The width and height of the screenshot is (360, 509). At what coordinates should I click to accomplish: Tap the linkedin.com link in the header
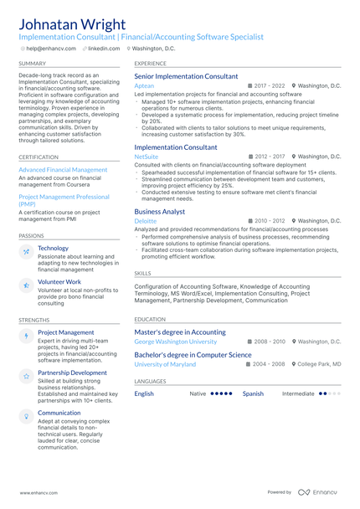pos(104,49)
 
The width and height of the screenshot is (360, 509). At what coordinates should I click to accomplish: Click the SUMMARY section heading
pos(33,63)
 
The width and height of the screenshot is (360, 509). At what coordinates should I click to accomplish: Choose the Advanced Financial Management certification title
pos(63,170)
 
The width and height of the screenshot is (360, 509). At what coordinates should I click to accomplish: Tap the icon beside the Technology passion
pos(27,251)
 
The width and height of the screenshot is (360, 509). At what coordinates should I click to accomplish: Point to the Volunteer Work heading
pos(59,282)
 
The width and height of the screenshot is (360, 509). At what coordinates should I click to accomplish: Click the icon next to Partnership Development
pos(27,376)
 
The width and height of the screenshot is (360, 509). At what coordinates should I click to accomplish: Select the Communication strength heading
pos(59,413)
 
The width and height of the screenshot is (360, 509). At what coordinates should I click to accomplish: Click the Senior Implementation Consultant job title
pos(186,76)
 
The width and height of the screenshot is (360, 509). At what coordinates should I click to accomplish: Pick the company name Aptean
pos(144,86)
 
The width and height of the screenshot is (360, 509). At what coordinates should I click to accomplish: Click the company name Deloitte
pos(145,221)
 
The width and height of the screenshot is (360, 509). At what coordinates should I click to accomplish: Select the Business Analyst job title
pos(160,212)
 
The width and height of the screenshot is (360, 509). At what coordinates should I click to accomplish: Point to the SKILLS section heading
pos(143,273)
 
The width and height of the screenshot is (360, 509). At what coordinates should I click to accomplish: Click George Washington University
pos(175,342)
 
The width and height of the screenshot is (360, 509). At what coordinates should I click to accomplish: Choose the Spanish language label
pos(253,393)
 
